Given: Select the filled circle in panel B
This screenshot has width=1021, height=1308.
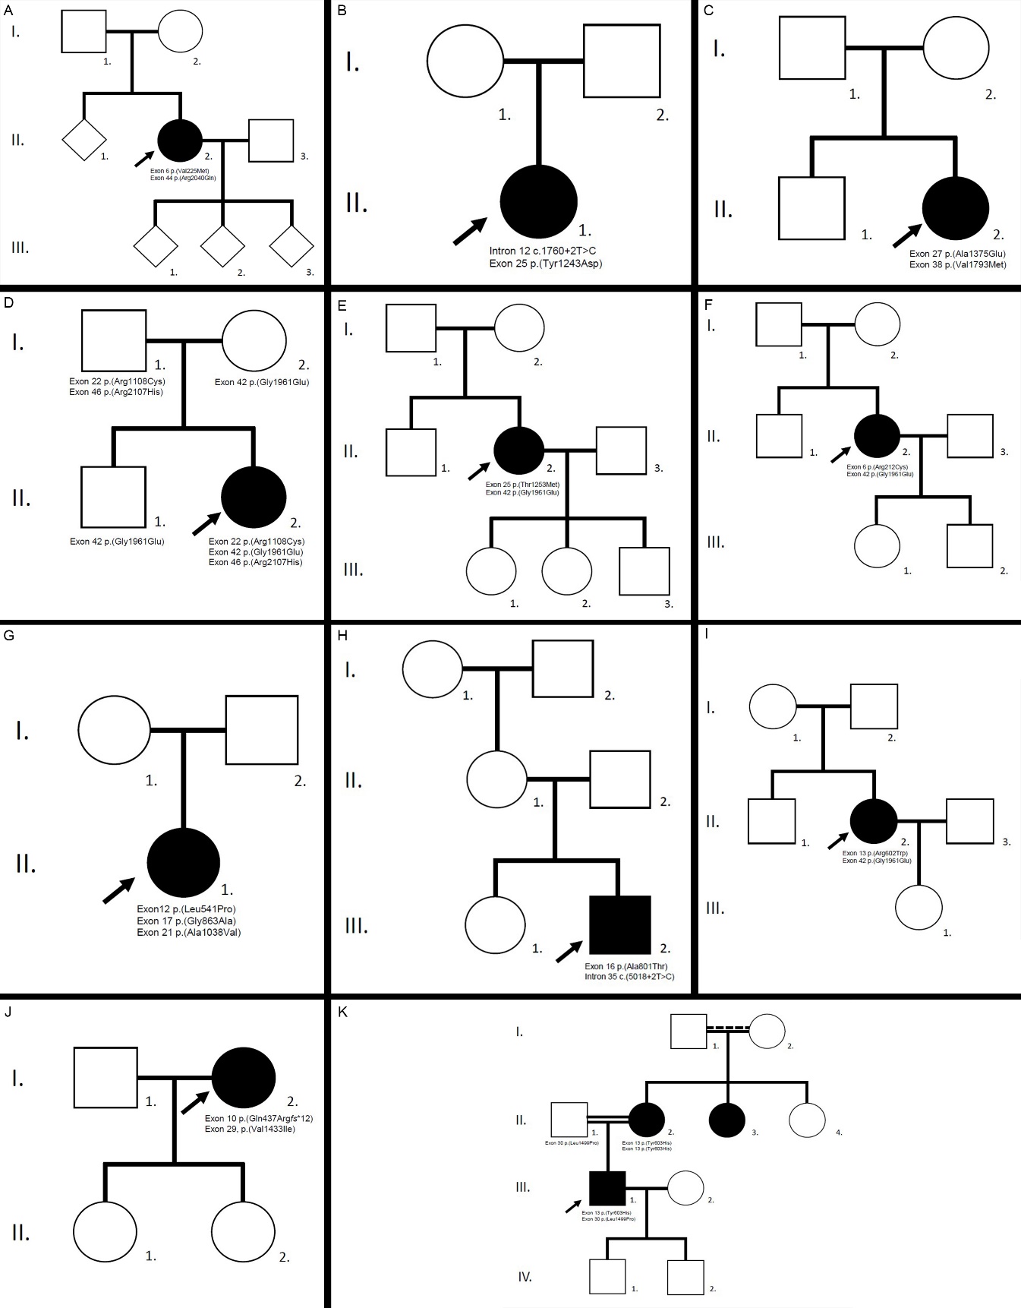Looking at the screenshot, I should pos(538,201).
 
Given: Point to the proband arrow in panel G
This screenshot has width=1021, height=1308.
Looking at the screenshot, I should pos(118,890).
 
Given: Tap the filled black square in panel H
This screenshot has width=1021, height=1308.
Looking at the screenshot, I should pos(619,924).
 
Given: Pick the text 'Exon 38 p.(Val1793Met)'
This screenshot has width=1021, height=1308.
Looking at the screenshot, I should pos(957,265).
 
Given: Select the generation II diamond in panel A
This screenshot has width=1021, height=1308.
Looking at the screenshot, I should pos(84,140).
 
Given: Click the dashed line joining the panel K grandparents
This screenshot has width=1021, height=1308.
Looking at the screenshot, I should pos(727,1029).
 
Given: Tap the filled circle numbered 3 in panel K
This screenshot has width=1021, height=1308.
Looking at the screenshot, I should pos(726,1120).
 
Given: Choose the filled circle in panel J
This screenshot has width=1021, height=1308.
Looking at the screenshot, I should pos(243,1077).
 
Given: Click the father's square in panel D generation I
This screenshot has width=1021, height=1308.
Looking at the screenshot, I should pos(114,341).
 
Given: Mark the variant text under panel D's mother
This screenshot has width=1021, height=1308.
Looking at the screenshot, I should pos(261,382).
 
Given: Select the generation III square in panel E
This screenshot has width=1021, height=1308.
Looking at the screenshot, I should pos(644,570).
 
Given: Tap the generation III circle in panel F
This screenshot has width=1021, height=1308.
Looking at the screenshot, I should pos(877,545).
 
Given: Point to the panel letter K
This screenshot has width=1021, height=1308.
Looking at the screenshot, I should pos(342,1012).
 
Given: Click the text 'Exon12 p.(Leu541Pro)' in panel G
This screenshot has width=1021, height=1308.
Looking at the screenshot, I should pos(186,909).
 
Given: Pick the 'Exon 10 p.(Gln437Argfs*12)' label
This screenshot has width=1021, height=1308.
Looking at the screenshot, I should pos(258,1118).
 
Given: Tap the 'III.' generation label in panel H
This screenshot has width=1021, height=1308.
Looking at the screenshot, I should pos(356,926).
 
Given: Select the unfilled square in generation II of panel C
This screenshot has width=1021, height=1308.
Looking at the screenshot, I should pos(811,208).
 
